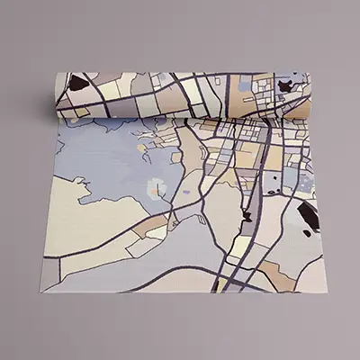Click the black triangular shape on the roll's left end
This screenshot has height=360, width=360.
(x=79, y=84)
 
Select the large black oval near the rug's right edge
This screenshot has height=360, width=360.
(x=308, y=215)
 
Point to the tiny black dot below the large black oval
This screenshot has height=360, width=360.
(x=307, y=234)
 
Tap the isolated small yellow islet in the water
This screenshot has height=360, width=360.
(x=141, y=144)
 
